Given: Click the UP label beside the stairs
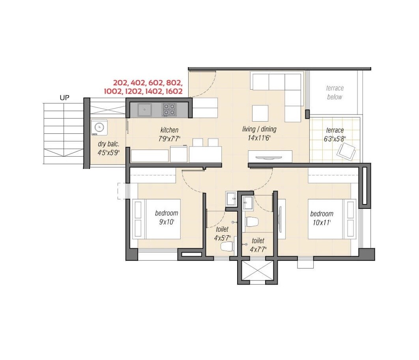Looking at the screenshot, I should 65,97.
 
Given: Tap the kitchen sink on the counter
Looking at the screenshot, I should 145,109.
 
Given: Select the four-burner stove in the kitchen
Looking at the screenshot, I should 170,109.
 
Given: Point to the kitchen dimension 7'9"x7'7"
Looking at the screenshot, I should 169,138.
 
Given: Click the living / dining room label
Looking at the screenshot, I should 259,129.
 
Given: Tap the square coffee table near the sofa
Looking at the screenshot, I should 260,113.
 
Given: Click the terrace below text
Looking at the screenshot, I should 335,92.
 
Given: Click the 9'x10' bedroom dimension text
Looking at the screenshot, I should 166,222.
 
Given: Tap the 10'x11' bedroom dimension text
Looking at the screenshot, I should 321,223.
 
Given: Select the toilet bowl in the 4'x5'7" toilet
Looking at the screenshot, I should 226,247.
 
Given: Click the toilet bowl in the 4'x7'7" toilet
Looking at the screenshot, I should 251,221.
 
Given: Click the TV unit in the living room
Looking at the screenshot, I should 270,156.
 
